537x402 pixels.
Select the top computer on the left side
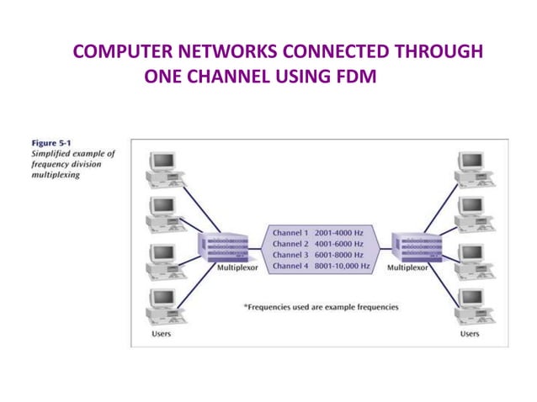[163, 167]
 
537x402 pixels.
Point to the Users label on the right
[469, 334]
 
